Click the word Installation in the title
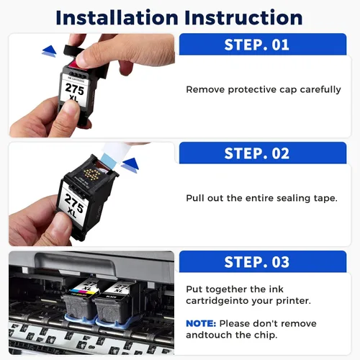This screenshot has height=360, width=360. [117, 17]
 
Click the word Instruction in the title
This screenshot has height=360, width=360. [243, 17]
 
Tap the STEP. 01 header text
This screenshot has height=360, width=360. [256, 45]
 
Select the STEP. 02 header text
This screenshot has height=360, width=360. [256, 153]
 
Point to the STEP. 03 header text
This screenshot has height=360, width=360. [256, 262]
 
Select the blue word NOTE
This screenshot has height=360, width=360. [201, 323]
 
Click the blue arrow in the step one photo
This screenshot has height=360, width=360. [49, 51]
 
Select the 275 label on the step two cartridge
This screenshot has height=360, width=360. [74, 203]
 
